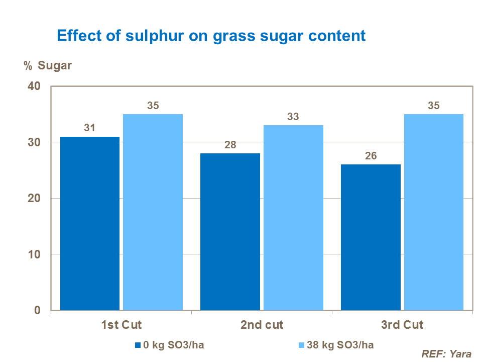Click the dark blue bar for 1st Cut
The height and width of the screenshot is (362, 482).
point(90,223)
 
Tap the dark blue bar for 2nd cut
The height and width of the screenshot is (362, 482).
point(230,232)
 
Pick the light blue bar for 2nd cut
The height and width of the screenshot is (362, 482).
point(293,218)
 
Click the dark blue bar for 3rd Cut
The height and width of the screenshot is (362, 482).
point(371,237)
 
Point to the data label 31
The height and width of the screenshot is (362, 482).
point(90,128)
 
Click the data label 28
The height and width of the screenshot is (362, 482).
point(230,145)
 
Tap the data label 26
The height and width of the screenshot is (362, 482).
point(371,156)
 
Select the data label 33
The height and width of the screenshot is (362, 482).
point(293,117)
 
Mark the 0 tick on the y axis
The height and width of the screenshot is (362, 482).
point(37,311)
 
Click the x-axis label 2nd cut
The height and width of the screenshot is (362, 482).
point(262,325)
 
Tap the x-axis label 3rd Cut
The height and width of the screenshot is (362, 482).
point(402,325)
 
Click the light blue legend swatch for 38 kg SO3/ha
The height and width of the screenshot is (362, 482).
point(301,345)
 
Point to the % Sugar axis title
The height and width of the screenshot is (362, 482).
point(48,66)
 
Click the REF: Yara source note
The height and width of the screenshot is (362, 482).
point(446,354)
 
